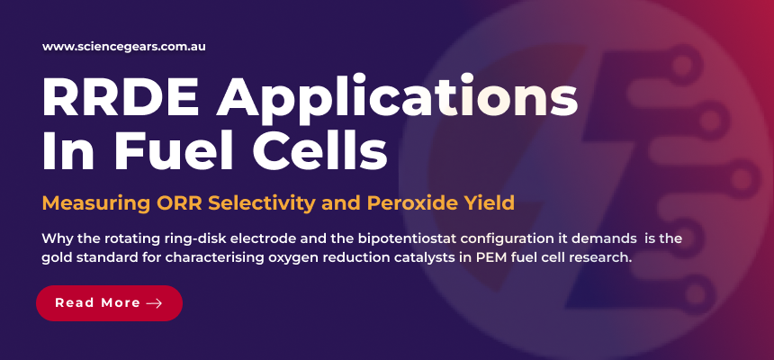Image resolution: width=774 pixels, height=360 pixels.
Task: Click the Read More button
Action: pos(109,303)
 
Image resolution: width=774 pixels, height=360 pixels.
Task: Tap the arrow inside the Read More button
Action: pos(154,303)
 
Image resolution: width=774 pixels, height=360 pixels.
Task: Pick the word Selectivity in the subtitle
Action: pos(256,202)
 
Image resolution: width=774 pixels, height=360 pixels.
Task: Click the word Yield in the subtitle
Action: pos(487,202)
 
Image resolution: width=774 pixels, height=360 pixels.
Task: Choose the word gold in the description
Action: pos(58,258)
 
